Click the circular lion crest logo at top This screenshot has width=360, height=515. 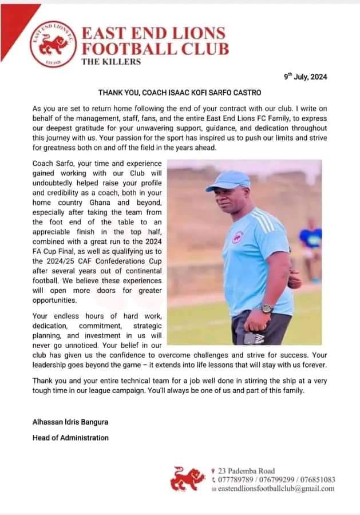(x=53, y=45)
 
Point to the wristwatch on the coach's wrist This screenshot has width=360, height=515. (x=266, y=308)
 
